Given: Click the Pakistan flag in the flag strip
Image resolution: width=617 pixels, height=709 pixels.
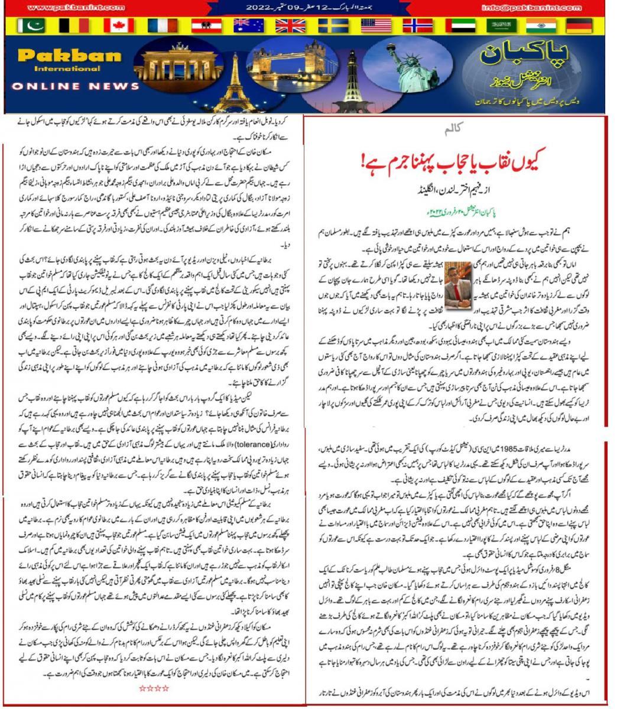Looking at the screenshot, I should tap(31, 25).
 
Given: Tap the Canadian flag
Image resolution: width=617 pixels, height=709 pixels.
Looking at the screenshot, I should tap(118, 25).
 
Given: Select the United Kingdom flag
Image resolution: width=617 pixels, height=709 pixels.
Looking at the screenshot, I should tap(290, 25).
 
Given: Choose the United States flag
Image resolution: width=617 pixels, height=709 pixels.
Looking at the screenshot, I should tap(375, 25).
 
